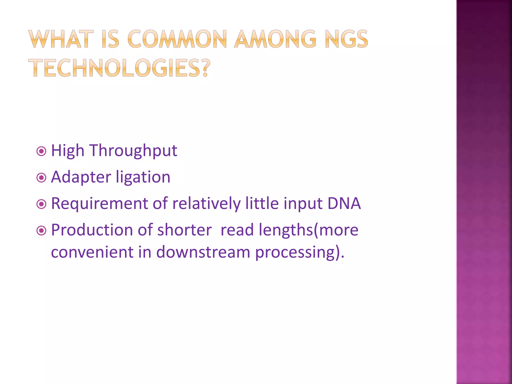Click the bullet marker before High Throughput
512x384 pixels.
[41, 151]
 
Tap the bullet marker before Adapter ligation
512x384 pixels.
[41, 178]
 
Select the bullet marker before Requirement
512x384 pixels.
[41, 204]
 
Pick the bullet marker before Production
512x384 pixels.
[41, 231]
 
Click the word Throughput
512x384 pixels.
[133, 151]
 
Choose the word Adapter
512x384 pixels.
[81, 177]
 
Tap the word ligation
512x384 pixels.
[143, 177]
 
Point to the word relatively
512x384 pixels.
[206, 203]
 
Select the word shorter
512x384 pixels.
[184, 230]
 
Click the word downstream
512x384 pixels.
[203, 252]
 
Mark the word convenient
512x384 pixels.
[92, 252]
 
